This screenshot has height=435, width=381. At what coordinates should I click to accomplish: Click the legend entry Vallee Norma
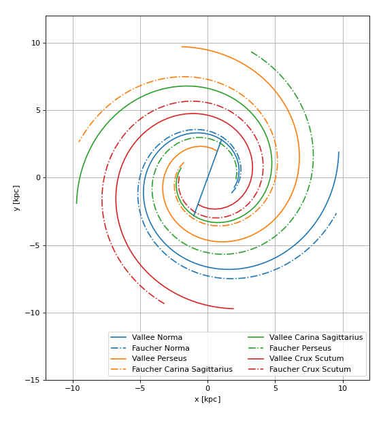tap(156, 337)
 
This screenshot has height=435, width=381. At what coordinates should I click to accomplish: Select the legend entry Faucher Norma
tap(161, 348)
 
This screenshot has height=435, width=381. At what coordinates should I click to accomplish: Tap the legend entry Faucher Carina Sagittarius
tap(182, 370)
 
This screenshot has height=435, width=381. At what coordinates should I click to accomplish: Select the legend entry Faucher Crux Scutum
tap(310, 370)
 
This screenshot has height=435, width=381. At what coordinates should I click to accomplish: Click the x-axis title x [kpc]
tap(208, 400)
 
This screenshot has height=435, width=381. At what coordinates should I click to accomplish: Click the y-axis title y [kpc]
tap(16, 198)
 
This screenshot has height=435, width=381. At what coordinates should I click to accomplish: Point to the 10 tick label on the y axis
tap(35, 43)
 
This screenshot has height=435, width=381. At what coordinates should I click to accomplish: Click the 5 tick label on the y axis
tap(38, 110)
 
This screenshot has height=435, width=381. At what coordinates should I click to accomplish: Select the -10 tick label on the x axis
tap(73, 389)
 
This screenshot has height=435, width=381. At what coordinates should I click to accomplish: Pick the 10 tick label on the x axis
tap(342, 389)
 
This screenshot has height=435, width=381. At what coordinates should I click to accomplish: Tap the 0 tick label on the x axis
tap(208, 389)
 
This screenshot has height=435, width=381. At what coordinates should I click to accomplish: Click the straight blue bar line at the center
tap(208, 178)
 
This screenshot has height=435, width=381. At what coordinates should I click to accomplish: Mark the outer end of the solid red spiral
tap(233, 309)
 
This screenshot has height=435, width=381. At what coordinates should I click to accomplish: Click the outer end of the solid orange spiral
tap(182, 47)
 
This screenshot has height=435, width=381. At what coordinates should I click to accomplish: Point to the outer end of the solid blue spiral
tap(339, 152)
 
